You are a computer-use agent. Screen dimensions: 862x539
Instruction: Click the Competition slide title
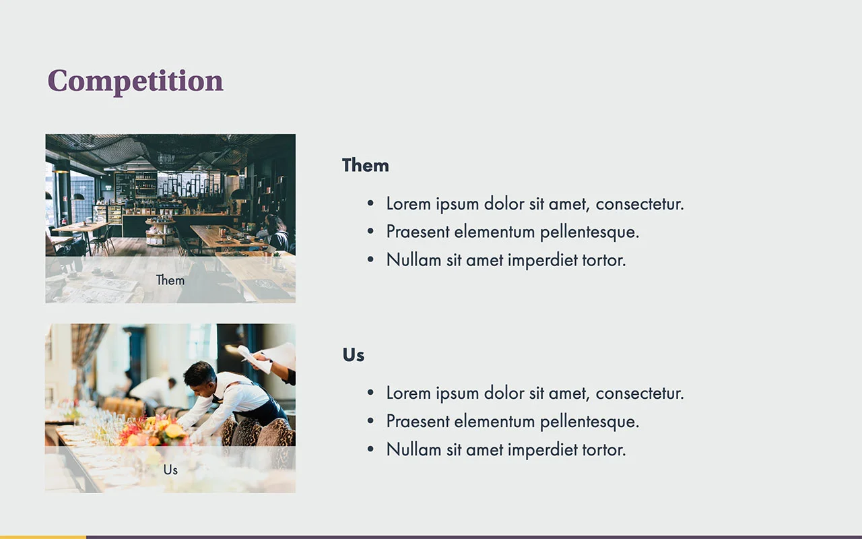coord(135,82)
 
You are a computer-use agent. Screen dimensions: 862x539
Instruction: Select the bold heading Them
coord(366,166)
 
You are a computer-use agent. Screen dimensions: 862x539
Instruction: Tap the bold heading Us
coord(354,355)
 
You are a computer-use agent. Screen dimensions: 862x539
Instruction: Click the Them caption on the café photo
coord(170,280)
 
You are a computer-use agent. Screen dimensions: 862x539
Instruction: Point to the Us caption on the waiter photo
coord(170,470)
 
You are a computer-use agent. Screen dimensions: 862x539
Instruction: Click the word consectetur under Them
coord(640,204)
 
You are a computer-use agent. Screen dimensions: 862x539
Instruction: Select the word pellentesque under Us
coord(589,422)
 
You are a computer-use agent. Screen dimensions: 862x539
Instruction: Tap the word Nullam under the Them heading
coord(413,260)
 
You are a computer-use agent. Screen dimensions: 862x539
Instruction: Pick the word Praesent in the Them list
coord(418,232)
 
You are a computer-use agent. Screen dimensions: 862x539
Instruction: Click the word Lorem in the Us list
coord(408,393)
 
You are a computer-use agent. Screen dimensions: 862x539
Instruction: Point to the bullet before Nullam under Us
coord(370,449)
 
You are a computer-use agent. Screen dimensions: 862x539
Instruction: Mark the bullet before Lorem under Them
coord(370,203)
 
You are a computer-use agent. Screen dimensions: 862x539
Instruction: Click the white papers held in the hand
coord(265,358)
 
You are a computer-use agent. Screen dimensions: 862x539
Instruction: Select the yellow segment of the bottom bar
coord(43,537)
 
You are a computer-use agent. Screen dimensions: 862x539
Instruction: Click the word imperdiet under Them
coord(543,261)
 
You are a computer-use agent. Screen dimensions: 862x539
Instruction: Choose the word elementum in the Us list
coord(494,421)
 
